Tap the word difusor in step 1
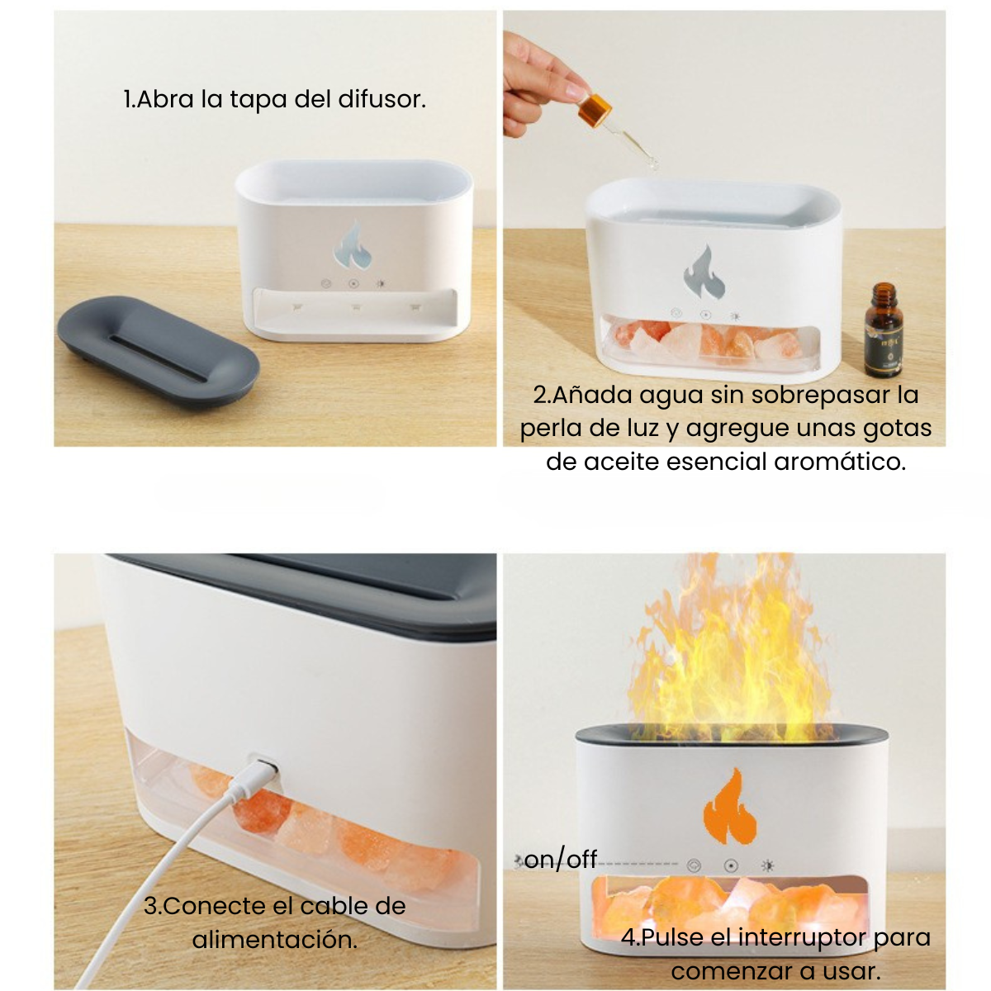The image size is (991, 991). pos(382,99)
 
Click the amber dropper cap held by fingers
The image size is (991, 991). pos(595,108)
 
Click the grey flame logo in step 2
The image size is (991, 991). pos(704,273)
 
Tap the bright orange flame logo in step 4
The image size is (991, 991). pos(730,813)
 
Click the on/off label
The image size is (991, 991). pos(561,860)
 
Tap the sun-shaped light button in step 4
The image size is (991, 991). pos(768,866)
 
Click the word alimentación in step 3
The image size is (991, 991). pos(275,939)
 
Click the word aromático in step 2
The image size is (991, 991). pos(839,461)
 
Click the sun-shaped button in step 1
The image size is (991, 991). pos(381,283)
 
